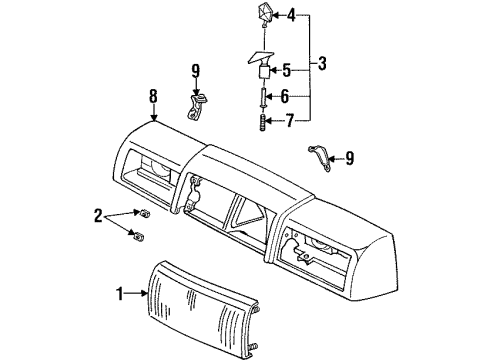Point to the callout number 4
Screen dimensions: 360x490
point(291,15)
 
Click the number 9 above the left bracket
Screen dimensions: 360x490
point(196,70)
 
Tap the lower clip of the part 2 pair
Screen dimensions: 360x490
point(137,235)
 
